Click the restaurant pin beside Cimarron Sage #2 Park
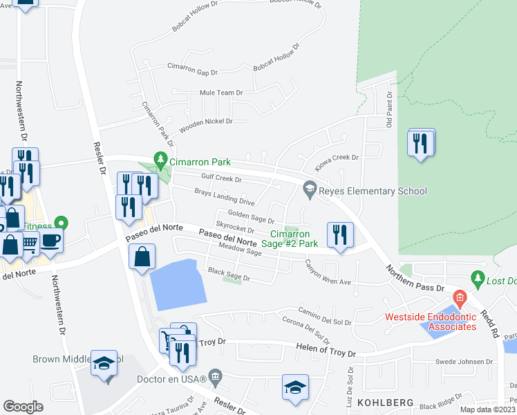[339, 234]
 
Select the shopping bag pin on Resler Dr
[142, 258]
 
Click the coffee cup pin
[50, 241]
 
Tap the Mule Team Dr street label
[221, 92]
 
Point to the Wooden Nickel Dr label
[205, 125]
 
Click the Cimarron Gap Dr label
[192, 68]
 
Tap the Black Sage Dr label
[229, 275]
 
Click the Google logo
[23, 406]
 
